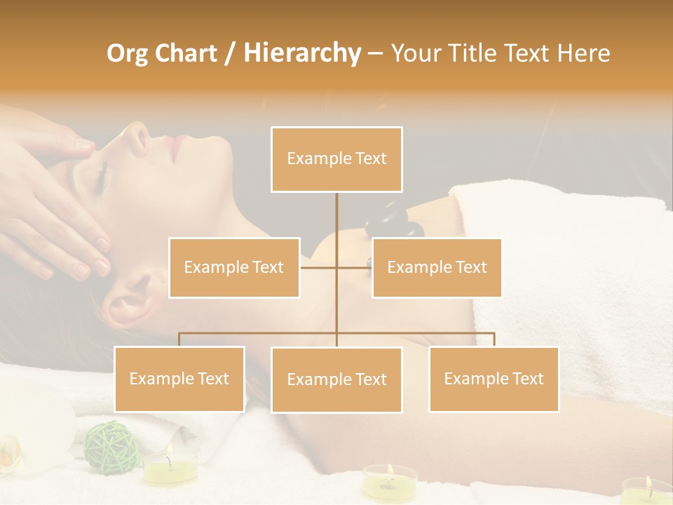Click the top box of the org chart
pos(336,159)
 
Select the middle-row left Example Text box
pos(234,267)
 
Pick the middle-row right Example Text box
pos(437,267)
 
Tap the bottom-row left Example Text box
pos(179,379)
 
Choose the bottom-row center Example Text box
pos(336,379)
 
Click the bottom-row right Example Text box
pos(494,379)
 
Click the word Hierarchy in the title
pos(301,53)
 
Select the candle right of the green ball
pos(170,466)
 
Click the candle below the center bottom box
pos(390,480)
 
